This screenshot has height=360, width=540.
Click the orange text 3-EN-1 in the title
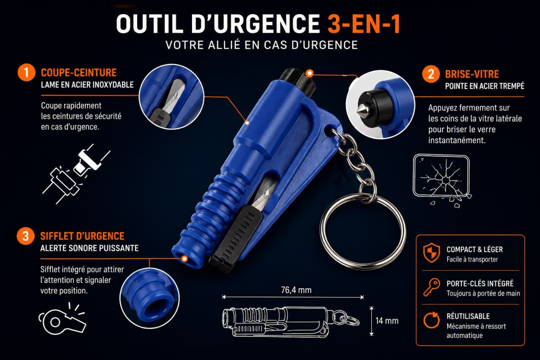pos(364,24)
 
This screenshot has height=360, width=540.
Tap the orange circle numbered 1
pos(26,72)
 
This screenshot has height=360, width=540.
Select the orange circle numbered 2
pos(431,74)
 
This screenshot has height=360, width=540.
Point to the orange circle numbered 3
pos(26,236)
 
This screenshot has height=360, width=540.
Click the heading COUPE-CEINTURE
pos(78,73)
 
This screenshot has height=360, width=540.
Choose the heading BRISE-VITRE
pos(472,74)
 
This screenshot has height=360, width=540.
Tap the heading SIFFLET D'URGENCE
pos(82,236)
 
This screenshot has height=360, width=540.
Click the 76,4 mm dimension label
pos(296,290)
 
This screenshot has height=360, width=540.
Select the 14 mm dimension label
pos(387,321)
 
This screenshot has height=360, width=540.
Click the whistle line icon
pos(62,319)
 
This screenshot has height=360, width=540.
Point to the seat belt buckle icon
pos(76,173)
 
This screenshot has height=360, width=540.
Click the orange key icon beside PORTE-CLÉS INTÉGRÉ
pos(432,287)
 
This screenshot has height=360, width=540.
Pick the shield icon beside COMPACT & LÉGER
pos(432,252)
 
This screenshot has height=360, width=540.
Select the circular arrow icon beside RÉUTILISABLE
pos(432,320)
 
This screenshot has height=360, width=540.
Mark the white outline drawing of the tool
pos(291,322)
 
